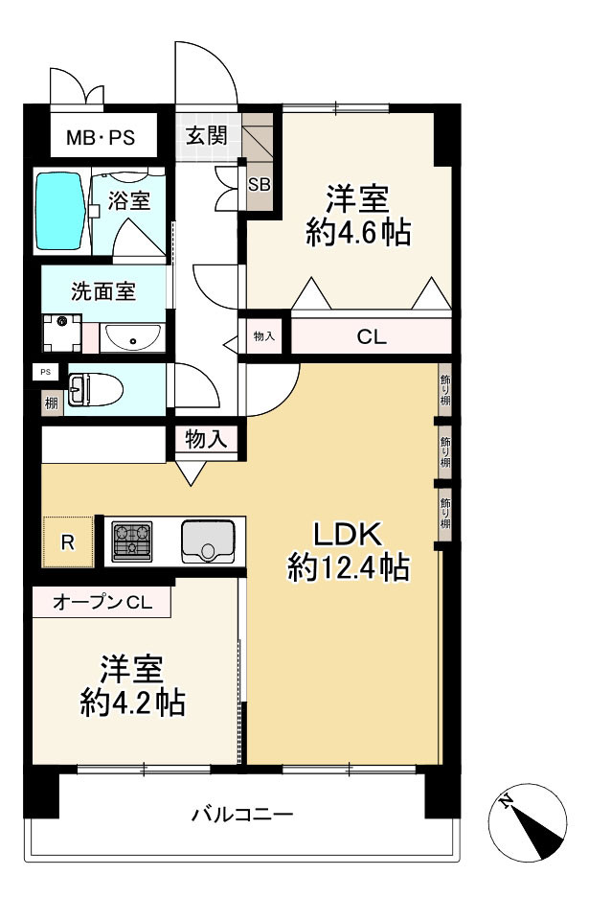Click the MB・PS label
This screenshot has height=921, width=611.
pos(100,139)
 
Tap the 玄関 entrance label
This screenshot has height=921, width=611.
pos(206,135)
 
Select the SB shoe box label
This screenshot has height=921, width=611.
pos(259,185)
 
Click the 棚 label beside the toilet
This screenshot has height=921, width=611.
pos(51,403)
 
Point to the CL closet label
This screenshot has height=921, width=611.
pos(371,337)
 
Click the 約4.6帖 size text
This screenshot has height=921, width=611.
pos(358,233)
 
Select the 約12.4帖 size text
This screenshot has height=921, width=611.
pos(349,568)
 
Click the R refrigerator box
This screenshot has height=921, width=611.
pos(67,542)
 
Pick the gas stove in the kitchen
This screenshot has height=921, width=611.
pos(132,541)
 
